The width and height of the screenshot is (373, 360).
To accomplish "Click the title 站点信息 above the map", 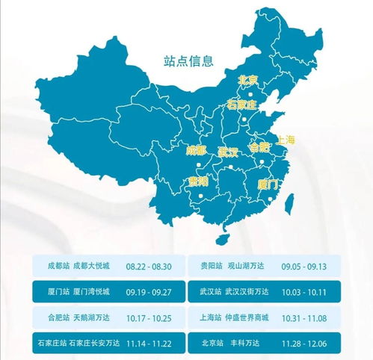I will click(x=188, y=60).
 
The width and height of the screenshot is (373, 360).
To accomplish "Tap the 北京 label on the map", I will click(x=247, y=80).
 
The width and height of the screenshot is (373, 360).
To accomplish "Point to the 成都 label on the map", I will click(x=197, y=150).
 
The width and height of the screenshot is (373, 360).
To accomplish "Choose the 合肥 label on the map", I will click(x=259, y=147).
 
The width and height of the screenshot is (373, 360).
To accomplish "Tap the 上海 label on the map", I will click(x=286, y=140).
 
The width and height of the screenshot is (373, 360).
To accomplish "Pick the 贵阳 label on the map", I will click(x=198, y=181).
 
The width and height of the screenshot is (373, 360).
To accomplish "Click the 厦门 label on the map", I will click(x=268, y=183).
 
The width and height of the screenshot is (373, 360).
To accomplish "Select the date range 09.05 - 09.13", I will click(x=304, y=266).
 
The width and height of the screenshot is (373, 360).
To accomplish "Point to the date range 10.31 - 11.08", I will click(x=304, y=317).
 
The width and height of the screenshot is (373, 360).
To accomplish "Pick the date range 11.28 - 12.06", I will click(x=304, y=342).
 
